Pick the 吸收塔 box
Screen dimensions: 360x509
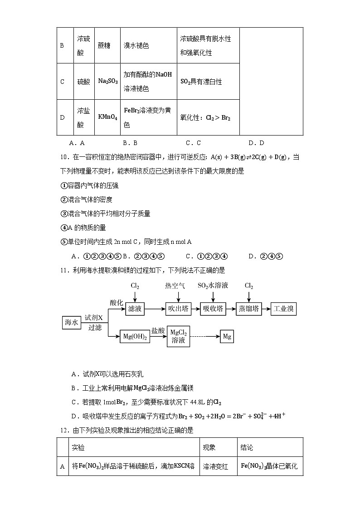(x=213, y=310)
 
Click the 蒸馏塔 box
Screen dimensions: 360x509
(x=248, y=310)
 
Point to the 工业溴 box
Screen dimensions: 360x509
(x=283, y=310)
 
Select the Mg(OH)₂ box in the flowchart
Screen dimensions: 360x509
(x=135, y=337)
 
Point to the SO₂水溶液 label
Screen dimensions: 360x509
(x=213, y=286)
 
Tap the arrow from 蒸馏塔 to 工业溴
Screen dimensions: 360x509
(x=266, y=310)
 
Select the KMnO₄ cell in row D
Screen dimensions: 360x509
(x=107, y=117)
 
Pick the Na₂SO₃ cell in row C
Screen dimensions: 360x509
(x=107, y=82)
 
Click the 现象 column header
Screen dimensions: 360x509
(x=209, y=447)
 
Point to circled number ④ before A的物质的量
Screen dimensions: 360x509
(x=63, y=228)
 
